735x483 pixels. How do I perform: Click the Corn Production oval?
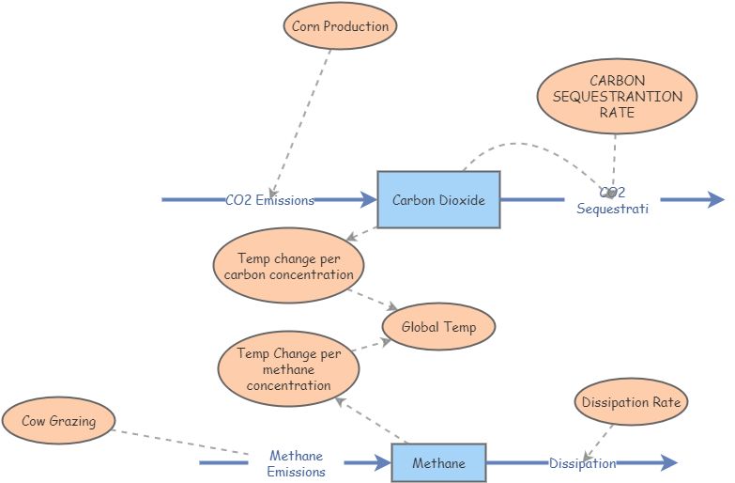pyautogui.click(x=340, y=26)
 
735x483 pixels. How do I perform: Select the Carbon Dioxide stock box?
pyautogui.click(x=438, y=199)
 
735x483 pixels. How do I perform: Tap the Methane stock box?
pyautogui.click(x=438, y=463)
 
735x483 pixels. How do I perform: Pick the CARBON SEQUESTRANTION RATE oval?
pyautogui.click(x=617, y=97)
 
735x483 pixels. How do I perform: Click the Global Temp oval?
pyautogui.click(x=438, y=327)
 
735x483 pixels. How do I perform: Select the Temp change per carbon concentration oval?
pyautogui.click(x=289, y=266)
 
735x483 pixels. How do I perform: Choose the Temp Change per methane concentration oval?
pyautogui.click(x=289, y=368)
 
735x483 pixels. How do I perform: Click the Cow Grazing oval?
pyautogui.click(x=58, y=421)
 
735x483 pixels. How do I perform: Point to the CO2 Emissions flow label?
pyautogui.click(x=269, y=200)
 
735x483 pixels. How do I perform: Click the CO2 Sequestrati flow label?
pyautogui.click(x=612, y=201)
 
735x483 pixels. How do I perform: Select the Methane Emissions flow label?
pyautogui.click(x=296, y=464)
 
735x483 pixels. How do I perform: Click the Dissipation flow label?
pyautogui.click(x=582, y=463)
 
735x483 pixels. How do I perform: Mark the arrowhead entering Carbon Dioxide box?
pyautogui.click(x=367, y=199)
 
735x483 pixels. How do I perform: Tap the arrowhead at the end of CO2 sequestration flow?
pyautogui.click(x=715, y=199)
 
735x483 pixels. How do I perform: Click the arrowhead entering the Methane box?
pyautogui.click(x=381, y=462)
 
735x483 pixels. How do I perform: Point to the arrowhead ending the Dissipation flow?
pyautogui.click(x=667, y=462)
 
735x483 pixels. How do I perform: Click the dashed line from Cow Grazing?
pyautogui.click(x=178, y=439)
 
